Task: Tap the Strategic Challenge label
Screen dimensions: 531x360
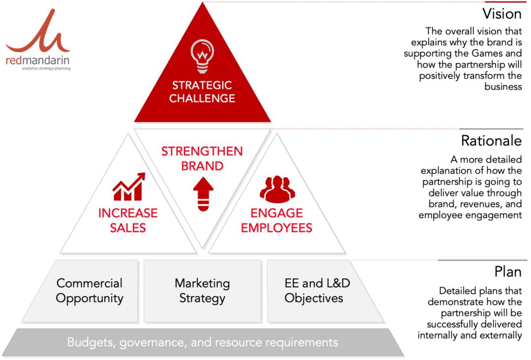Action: (202, 91)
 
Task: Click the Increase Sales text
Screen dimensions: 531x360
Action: (128, 220)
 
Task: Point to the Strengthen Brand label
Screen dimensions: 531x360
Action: (202, 158)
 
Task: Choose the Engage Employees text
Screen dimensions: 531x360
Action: (277, 220)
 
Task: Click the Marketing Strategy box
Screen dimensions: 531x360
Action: (203, 291)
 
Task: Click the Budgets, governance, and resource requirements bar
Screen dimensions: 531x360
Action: (203, 342)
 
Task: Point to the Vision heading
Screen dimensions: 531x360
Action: (502, 14)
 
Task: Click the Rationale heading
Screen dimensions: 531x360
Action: (491, 141)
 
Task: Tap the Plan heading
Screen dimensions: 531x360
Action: (508, 271)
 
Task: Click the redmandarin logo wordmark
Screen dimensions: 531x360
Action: (37, 60)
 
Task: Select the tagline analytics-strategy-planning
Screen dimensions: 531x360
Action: (46, 68)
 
